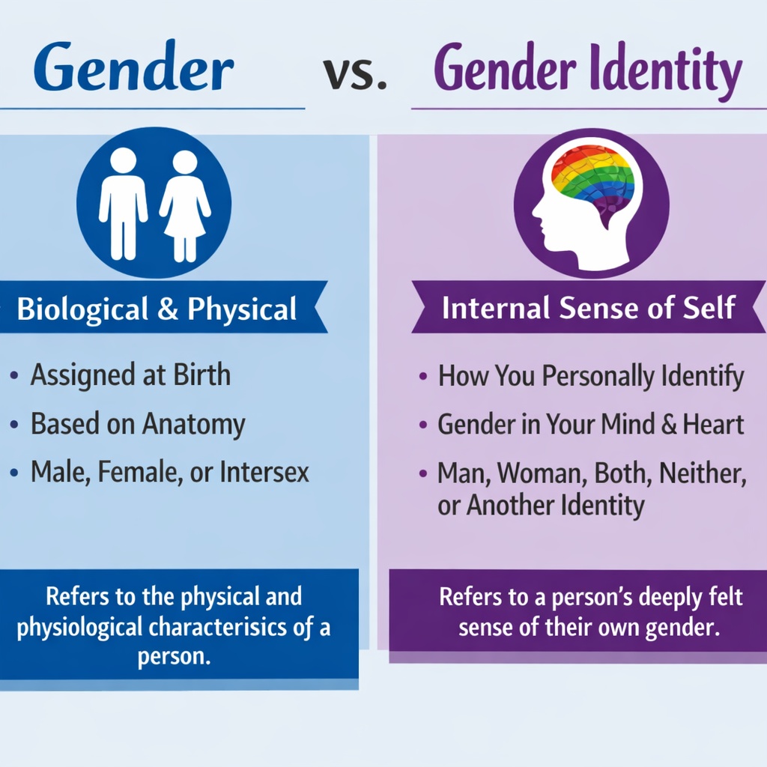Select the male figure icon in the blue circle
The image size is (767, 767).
click(123, 202)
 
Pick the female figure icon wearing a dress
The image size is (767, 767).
click(184, 205)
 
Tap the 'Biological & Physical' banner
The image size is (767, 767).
click(157, 309)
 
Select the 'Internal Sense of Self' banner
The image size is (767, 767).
click(588, 308)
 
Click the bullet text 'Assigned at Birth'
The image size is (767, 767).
click(130, 375)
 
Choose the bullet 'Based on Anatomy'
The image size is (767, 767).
click(137, 424)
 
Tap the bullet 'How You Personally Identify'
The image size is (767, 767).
click(590, 375)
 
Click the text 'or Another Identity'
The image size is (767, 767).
click(540, 506)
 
